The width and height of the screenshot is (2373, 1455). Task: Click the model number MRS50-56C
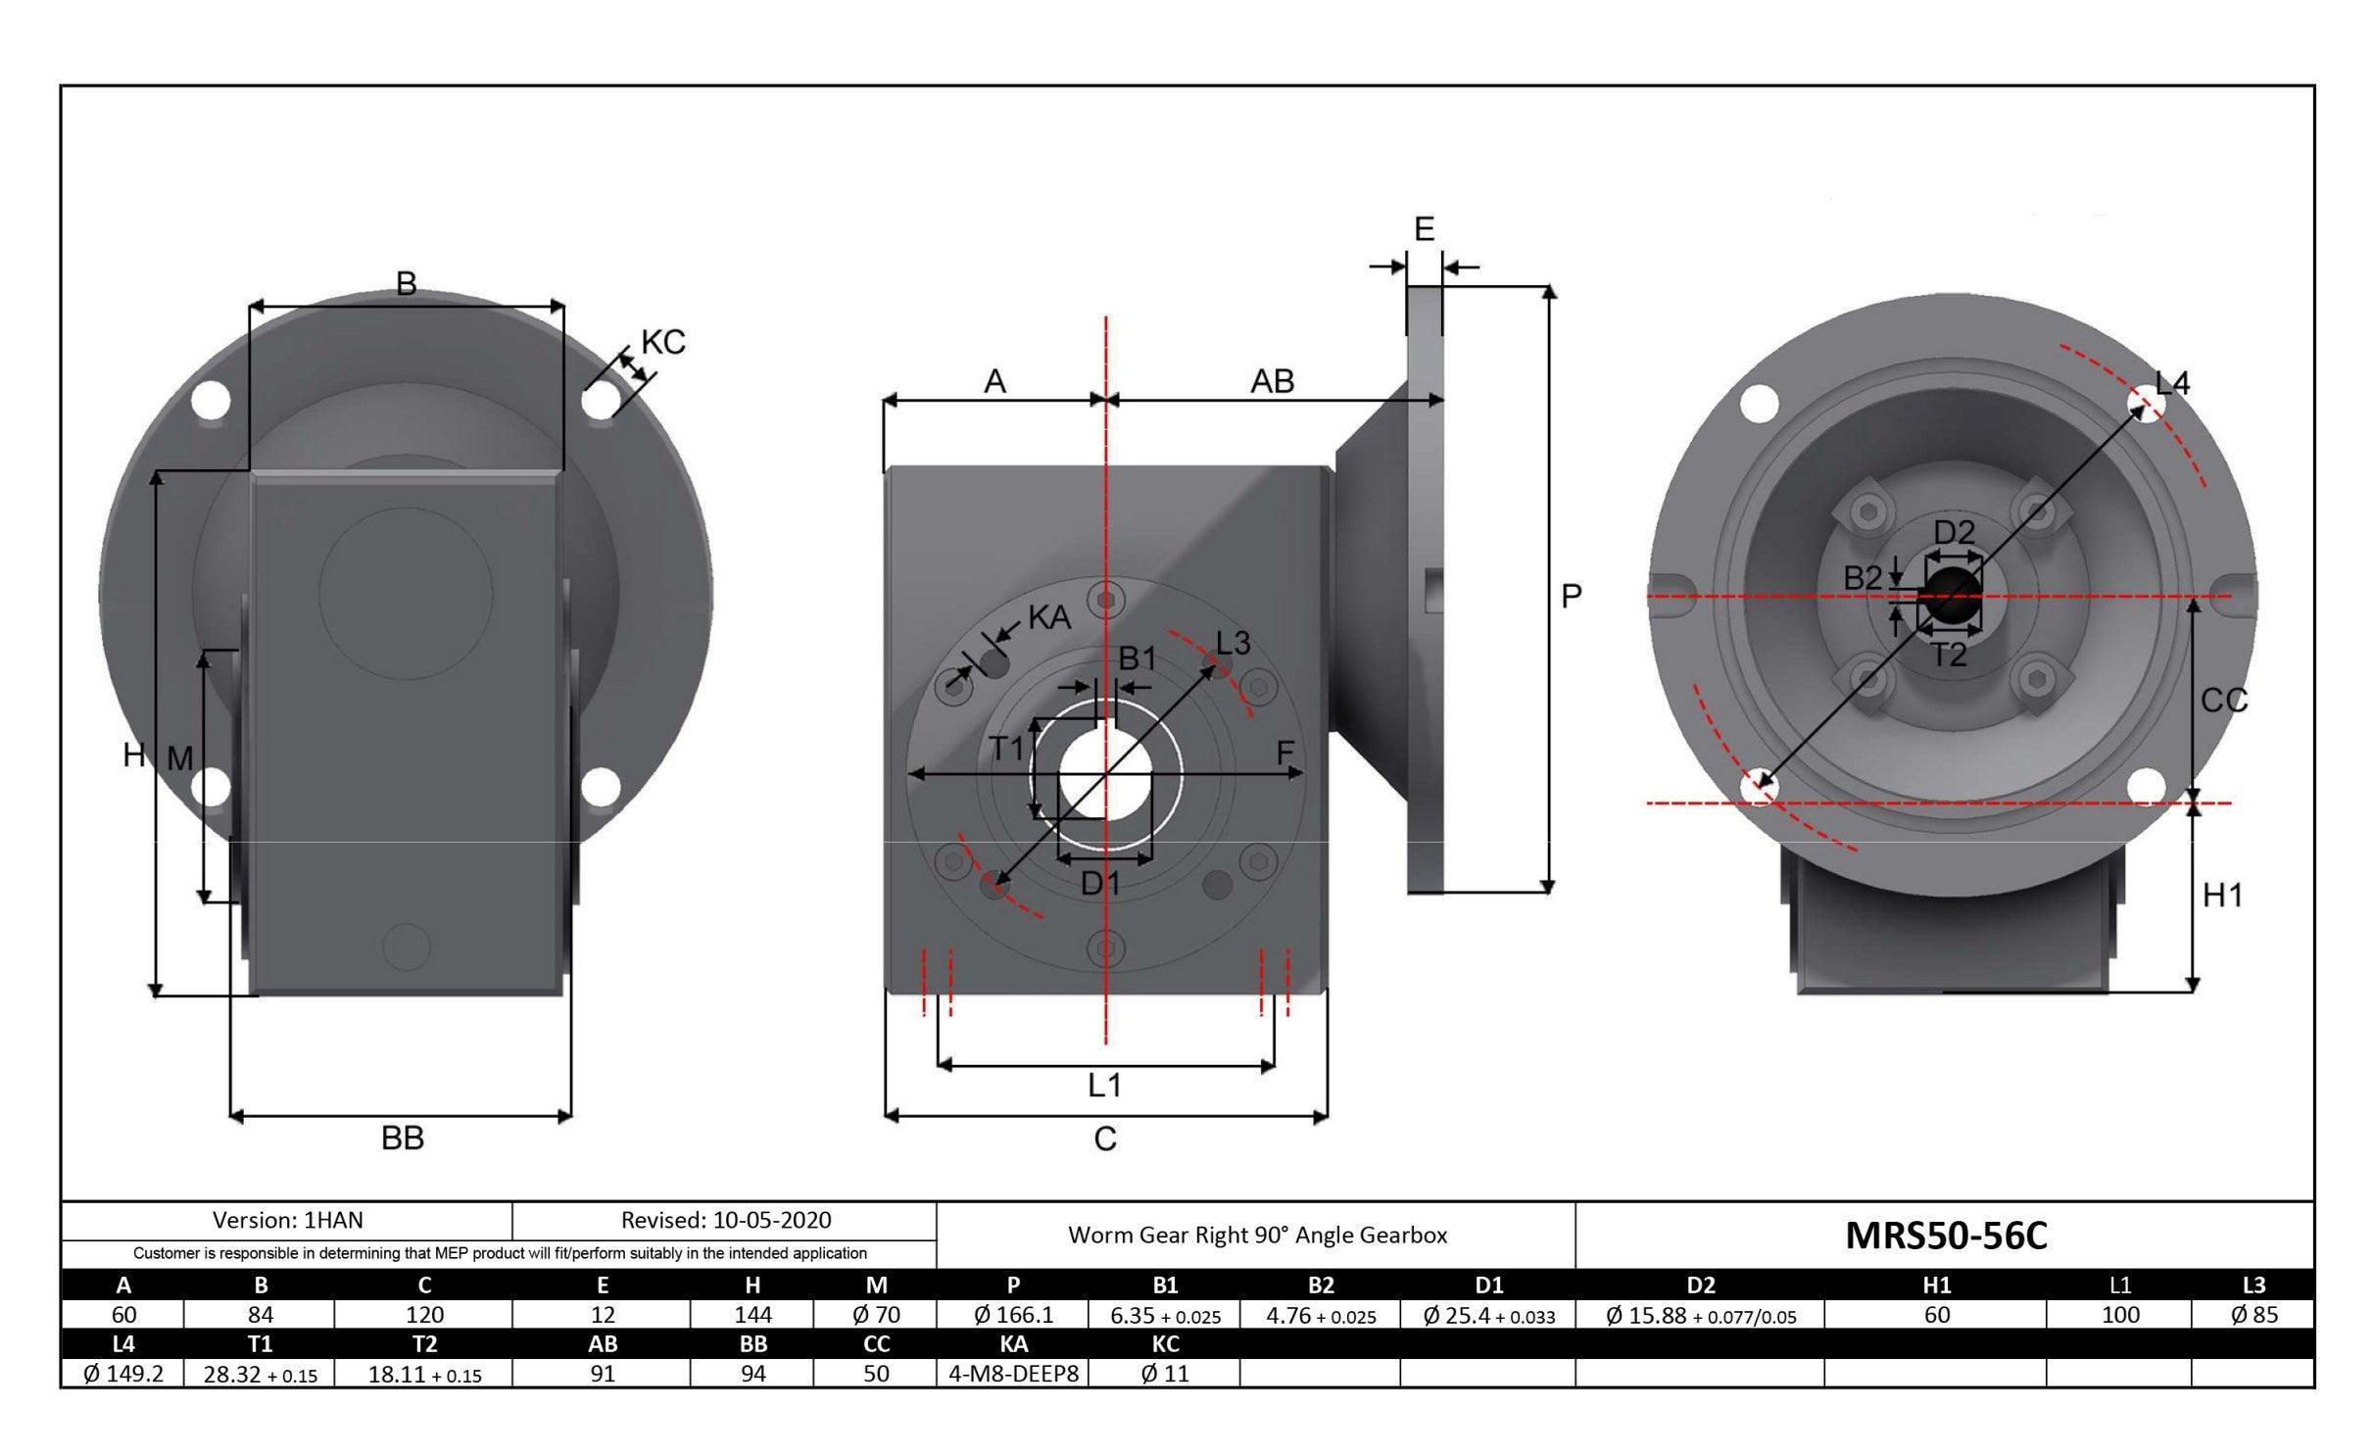[x=1945, y=1236]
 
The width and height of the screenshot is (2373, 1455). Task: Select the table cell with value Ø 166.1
[x=1013, y=1315]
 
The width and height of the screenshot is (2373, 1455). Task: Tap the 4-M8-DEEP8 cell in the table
[x=1013, y=1374]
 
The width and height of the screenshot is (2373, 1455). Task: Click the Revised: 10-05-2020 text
[x=725, y=1220]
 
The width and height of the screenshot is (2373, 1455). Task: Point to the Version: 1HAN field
[x=287, y=1220]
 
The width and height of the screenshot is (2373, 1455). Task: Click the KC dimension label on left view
[x=662, y=343]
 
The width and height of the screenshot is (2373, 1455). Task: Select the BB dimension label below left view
[x=402, y=1139]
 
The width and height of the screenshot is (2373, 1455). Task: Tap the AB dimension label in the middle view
[x=1272, y=381]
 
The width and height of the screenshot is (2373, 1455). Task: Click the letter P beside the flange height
[x=1571, y=596]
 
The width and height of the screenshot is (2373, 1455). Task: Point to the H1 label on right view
[x=2222, y=895]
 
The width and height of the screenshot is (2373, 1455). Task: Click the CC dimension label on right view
[x=2223, y=701]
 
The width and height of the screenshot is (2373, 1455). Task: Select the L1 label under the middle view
[x=1104, y=1085]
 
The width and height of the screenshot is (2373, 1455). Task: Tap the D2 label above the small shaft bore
[x=1954, y=532]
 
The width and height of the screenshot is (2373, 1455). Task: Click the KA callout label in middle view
[x=1049, y=618]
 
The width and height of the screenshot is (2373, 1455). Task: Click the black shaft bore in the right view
[x=1952, y=598]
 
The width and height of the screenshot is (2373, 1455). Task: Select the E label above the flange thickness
[x=1424, y=229]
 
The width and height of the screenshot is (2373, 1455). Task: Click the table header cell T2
[x=424, y=1343]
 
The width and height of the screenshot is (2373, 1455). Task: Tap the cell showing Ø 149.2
[x=123, y=1374]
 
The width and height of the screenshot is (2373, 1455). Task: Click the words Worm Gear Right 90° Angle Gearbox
[x=1257, y=1235]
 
